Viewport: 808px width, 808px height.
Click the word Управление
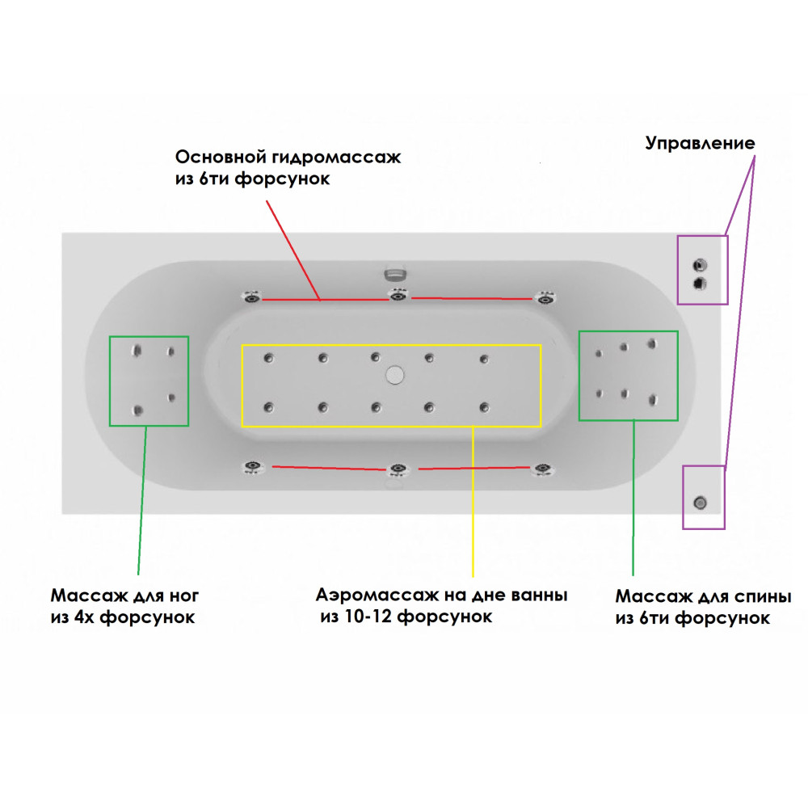(x=700, y=144)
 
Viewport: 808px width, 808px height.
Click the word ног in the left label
(x=182, y=596)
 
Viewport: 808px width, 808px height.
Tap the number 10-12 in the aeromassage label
(x=368, y=617)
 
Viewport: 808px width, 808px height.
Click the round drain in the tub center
(x=394, y=374)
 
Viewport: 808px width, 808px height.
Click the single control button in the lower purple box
(x=700, y=503)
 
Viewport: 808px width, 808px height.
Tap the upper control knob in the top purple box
(x=700, y=265)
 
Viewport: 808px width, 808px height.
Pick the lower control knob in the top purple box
(x=700, y=282)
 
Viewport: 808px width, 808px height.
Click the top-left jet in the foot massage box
(x=137, y=351)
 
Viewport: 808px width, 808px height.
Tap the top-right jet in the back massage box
(x=651, y=344)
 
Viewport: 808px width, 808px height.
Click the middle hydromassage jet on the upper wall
(x=396, y=297)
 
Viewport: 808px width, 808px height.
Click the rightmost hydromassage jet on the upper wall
(x=545, y=298)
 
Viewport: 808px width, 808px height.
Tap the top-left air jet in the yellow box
(x=268, y=357)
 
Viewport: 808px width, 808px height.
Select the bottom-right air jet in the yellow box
(x=483, y=407)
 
